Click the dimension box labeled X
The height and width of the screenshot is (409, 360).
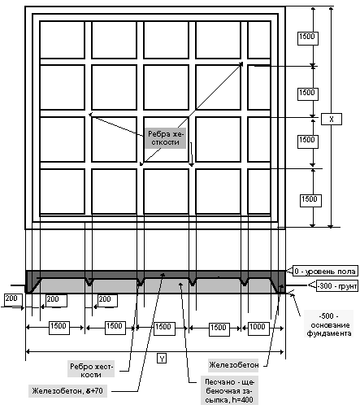[x=332, y=119]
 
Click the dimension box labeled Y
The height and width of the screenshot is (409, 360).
[x=162, y=359]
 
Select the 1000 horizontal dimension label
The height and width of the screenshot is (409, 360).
[x=257, y=327]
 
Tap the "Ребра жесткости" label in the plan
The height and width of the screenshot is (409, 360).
[x=165, y=138]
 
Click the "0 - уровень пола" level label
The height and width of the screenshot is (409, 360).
[x=325, y=271]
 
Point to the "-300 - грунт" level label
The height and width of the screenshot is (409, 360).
[x=337, y=286]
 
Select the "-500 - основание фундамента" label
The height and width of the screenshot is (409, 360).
[x=330, y=324]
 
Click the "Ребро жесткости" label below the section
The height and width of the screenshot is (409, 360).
[x=91, y=370]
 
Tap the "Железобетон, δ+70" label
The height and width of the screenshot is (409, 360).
[x=67, y=391]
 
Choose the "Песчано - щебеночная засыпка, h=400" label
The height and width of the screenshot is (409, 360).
[x=229, y=390]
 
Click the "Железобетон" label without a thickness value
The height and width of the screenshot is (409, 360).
[x=233, y=365]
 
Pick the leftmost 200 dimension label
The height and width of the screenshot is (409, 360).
[x=11, y=299]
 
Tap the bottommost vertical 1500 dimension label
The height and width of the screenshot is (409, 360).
[x=310, y=199]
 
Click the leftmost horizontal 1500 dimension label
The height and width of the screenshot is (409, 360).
[x=59, y=327]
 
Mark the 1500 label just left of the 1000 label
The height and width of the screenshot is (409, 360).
[x=219, y=328]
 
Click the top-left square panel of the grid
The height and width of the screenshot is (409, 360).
[x=63, y=40]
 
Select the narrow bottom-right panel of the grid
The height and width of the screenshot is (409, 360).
[x=259, y=192]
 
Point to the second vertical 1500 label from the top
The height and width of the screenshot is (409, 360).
[x=307, y=93]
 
